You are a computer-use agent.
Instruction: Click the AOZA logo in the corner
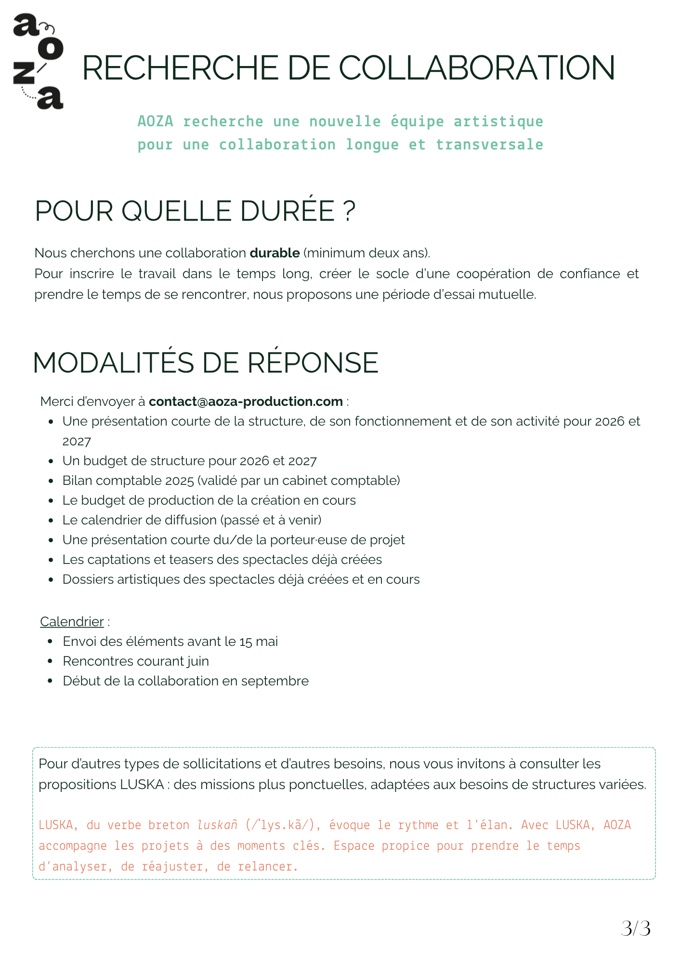pos(38,62)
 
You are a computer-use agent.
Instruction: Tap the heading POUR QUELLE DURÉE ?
pos(195,211)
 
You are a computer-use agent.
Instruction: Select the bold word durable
pos(275,253)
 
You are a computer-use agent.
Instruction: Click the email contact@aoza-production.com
pos(246,402)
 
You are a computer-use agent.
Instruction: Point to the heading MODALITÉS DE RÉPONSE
pos(206,362)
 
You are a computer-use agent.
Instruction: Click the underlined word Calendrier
pos(72,622)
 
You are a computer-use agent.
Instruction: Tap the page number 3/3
pos(636,928)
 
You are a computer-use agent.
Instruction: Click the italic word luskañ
pos(217,825)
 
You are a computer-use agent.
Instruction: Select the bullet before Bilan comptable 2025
pos(51,481)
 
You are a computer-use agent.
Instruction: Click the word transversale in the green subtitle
pos(489,145)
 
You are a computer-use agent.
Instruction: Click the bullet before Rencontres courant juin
pos(51,662)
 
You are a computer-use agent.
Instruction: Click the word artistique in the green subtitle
pos(498,121)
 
